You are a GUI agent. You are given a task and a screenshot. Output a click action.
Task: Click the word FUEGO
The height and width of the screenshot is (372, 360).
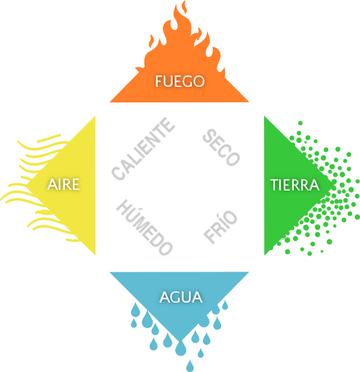[180, 81]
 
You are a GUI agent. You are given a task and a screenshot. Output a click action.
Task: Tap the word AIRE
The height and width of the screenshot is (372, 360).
[64, 184]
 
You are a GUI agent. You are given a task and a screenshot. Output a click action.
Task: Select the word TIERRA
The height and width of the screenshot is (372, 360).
[294, 185]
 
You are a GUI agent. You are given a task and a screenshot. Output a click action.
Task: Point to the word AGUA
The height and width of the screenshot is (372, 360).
[181, 297]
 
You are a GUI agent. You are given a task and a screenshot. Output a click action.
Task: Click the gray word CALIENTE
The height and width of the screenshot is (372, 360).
[143, 149]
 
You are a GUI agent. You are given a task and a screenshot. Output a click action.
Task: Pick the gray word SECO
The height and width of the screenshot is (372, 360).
[221, 147]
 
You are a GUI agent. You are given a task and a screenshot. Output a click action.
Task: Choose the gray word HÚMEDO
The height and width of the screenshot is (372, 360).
[145, 227]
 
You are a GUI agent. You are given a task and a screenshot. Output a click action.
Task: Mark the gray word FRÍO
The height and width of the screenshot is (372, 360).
[221, 227]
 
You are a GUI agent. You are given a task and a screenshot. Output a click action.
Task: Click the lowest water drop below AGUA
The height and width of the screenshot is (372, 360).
[190, 366]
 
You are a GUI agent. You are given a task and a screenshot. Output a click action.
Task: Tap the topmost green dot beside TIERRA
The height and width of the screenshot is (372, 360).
[300, 123]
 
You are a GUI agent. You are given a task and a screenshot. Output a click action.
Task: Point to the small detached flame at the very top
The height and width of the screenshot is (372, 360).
[184, 7]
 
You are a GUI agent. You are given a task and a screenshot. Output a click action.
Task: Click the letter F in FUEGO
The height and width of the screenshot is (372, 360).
[158, 81]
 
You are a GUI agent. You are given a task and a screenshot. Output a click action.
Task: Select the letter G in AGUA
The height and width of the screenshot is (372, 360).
[176, 297]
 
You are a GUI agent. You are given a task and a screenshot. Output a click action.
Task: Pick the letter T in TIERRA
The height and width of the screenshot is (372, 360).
[274, 185]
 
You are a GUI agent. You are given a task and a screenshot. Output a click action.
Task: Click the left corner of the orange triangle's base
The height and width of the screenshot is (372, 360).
[110, 102]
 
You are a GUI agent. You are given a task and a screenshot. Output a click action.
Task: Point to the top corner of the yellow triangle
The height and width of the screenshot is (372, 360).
[95, 116]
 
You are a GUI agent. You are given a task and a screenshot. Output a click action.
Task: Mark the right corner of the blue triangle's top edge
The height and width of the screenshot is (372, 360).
[249, 272]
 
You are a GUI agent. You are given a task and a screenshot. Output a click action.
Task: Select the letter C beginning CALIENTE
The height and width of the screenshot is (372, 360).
[118, 173]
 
